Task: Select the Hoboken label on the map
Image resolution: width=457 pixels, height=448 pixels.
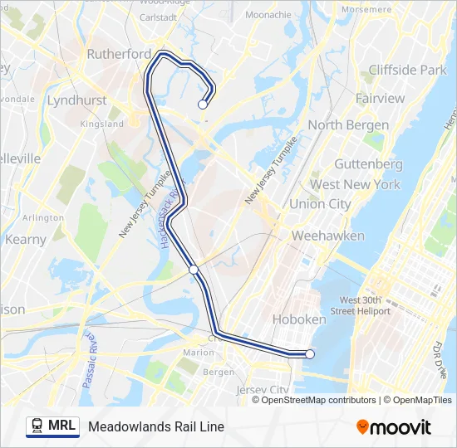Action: (299, 319)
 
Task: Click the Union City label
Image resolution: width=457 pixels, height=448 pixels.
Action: (320, 204)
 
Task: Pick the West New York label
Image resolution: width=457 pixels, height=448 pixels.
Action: (355, 184)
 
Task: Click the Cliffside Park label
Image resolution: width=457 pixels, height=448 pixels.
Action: (407, 70)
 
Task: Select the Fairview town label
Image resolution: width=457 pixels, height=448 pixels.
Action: (380, 99)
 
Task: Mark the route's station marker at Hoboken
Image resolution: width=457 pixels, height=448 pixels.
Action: (310, 354)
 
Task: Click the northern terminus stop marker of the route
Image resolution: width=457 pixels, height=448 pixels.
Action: (202, 105)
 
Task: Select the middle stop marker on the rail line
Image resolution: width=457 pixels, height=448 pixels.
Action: (194, 269)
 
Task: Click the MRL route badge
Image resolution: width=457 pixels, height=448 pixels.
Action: (52, 426)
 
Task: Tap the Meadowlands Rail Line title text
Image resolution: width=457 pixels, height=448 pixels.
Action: (156, 427)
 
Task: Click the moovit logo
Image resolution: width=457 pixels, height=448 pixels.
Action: (394, 427)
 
